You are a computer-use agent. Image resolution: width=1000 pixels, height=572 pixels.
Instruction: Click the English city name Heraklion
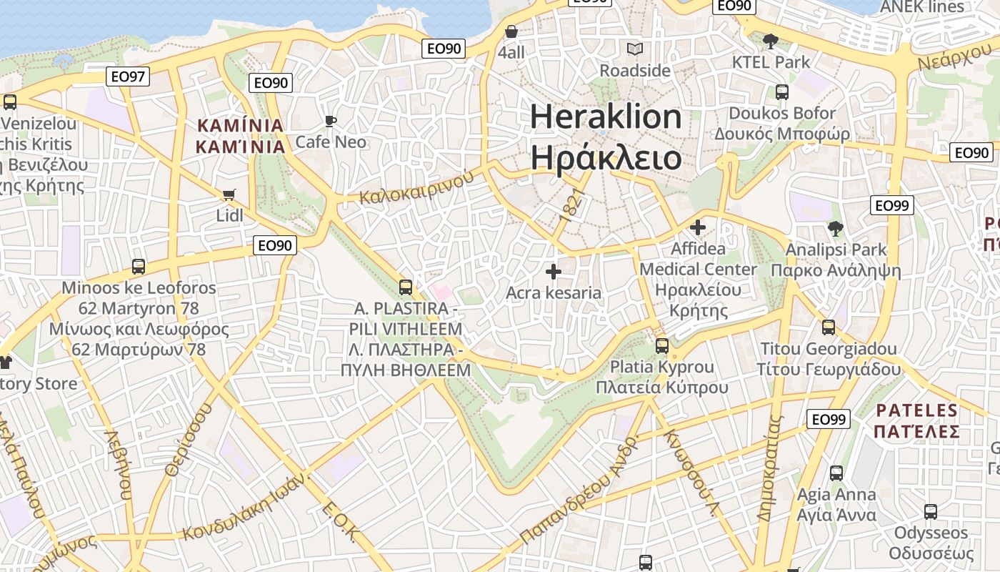pos(606,117)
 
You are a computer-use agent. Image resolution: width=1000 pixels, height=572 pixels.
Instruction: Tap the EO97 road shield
pos(128,77)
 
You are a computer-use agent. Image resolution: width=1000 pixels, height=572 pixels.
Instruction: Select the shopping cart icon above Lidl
pos(229,194)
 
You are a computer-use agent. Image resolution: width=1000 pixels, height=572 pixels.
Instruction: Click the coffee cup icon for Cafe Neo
pos(330,121)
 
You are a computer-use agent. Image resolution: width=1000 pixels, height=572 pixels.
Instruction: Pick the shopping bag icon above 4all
pos(511,31)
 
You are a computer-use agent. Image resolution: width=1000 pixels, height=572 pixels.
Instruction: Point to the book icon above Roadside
pos(634,49)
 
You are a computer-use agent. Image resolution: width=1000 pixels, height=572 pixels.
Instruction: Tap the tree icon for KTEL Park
pos(770,41)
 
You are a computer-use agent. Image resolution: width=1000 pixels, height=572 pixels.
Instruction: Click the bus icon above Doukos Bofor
pos(782,92)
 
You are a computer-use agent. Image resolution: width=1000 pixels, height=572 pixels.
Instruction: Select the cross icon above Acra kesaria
pos(554,272)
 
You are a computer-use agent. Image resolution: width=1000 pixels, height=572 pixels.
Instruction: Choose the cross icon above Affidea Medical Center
pos(698,228)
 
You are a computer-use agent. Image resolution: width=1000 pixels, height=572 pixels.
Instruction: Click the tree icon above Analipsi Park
pos(835,229)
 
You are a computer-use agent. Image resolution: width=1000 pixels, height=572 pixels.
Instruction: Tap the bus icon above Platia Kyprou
pos(662,346)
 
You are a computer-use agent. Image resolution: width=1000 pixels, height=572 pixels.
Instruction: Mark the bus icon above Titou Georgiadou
pos(829,327)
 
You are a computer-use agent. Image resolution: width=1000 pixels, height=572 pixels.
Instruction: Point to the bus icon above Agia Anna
pos(836,473)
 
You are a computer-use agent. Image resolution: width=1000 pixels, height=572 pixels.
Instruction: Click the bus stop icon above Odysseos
pos(931,512)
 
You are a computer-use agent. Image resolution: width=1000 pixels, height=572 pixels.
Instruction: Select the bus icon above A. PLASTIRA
pos(406,287)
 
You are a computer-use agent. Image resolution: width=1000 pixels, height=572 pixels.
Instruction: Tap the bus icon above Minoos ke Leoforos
pos(139,267)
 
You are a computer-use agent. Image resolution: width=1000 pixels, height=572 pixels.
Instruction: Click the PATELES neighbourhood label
pos(916,410)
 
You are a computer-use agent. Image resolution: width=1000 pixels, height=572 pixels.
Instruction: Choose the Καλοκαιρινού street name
pos(416,187)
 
